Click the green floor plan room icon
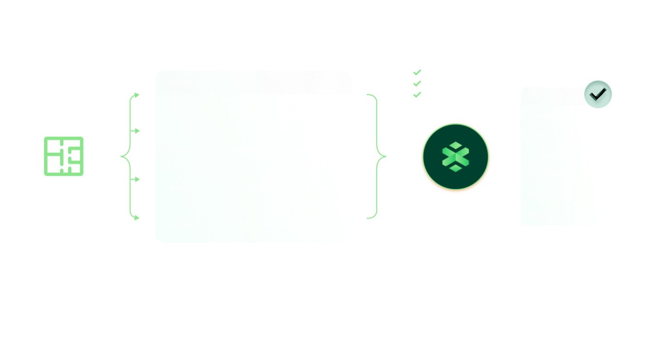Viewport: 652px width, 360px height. (64, 156)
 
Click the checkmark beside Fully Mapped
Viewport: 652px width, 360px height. (417, 72)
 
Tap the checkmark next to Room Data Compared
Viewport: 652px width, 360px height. (417, 83)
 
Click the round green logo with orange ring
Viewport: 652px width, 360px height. (456, 157)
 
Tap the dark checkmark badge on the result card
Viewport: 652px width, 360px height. (598, 94)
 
